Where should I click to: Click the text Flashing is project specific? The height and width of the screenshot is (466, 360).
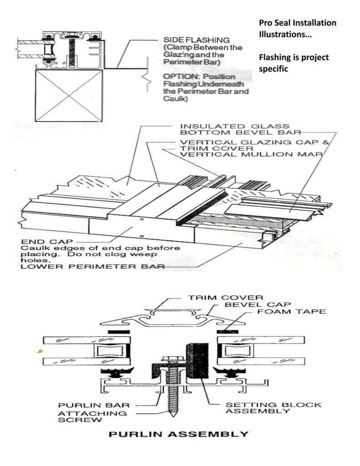(x=294, y=63)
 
